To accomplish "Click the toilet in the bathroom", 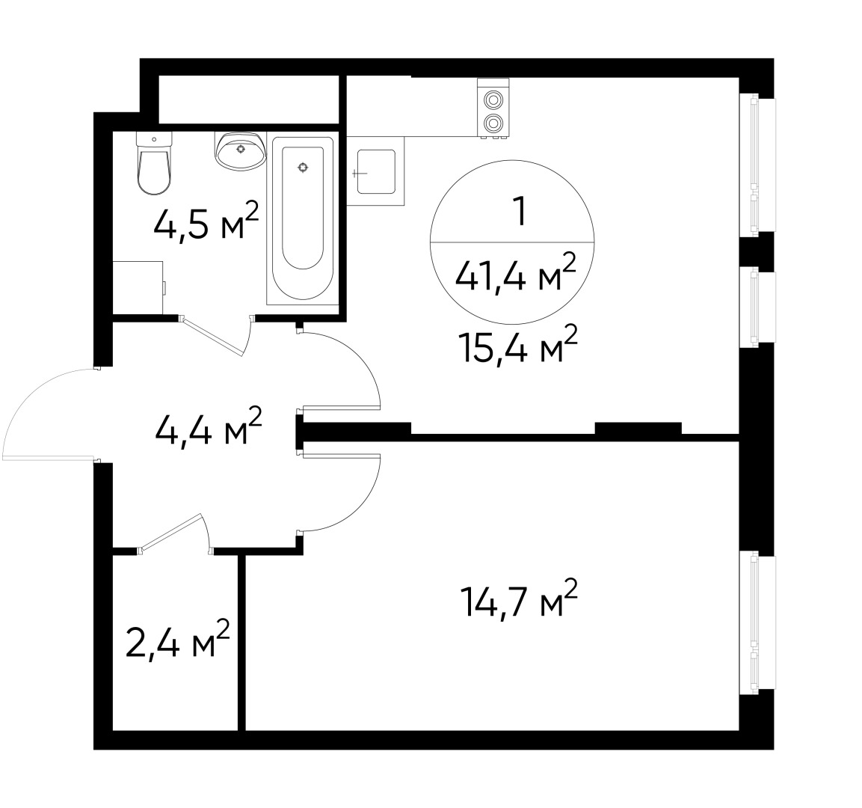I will coord(155,169).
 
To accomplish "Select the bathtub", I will coord(303,220).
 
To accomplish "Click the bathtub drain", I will coord(303,168).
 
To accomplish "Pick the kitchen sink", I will coord(376,171).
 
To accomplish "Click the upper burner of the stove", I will coord(493,99).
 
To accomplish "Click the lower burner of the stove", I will coord(493,123).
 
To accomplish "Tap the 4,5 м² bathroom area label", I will coord(206,222).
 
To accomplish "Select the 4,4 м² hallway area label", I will coord(207,429).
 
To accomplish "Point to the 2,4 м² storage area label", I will coord(177,641).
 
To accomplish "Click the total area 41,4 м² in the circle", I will coord(516,277).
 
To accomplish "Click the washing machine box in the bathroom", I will coord(138,287).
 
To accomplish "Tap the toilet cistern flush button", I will coord(154,138).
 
